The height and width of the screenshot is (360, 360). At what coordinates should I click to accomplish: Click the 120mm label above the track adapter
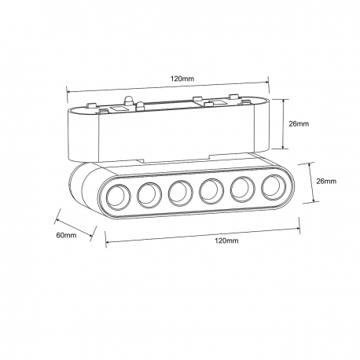pyautogui.click(x=182, y=79)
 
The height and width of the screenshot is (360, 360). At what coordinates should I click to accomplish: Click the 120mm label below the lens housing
pyautogui.click(x=226, y=241)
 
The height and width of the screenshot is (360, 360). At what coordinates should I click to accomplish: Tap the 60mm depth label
pyautogui.click(x=67, y=235)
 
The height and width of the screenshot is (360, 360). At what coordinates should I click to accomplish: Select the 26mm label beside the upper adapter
pyautogui.click(x=299, y=123)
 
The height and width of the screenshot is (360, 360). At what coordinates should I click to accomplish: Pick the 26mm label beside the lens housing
pyautogui.click(x=326, y=181)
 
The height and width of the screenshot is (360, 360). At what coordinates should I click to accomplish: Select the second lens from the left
pyautogui.click(x=149, y=195)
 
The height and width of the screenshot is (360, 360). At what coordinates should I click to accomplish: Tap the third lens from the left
pyautogui.click(x=181, y=193)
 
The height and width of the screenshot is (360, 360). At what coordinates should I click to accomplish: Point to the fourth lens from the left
pyautogui.click(x=211, y=191)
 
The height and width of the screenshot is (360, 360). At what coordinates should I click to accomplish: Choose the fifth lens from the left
pyautogui.click(x=243, y=189)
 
